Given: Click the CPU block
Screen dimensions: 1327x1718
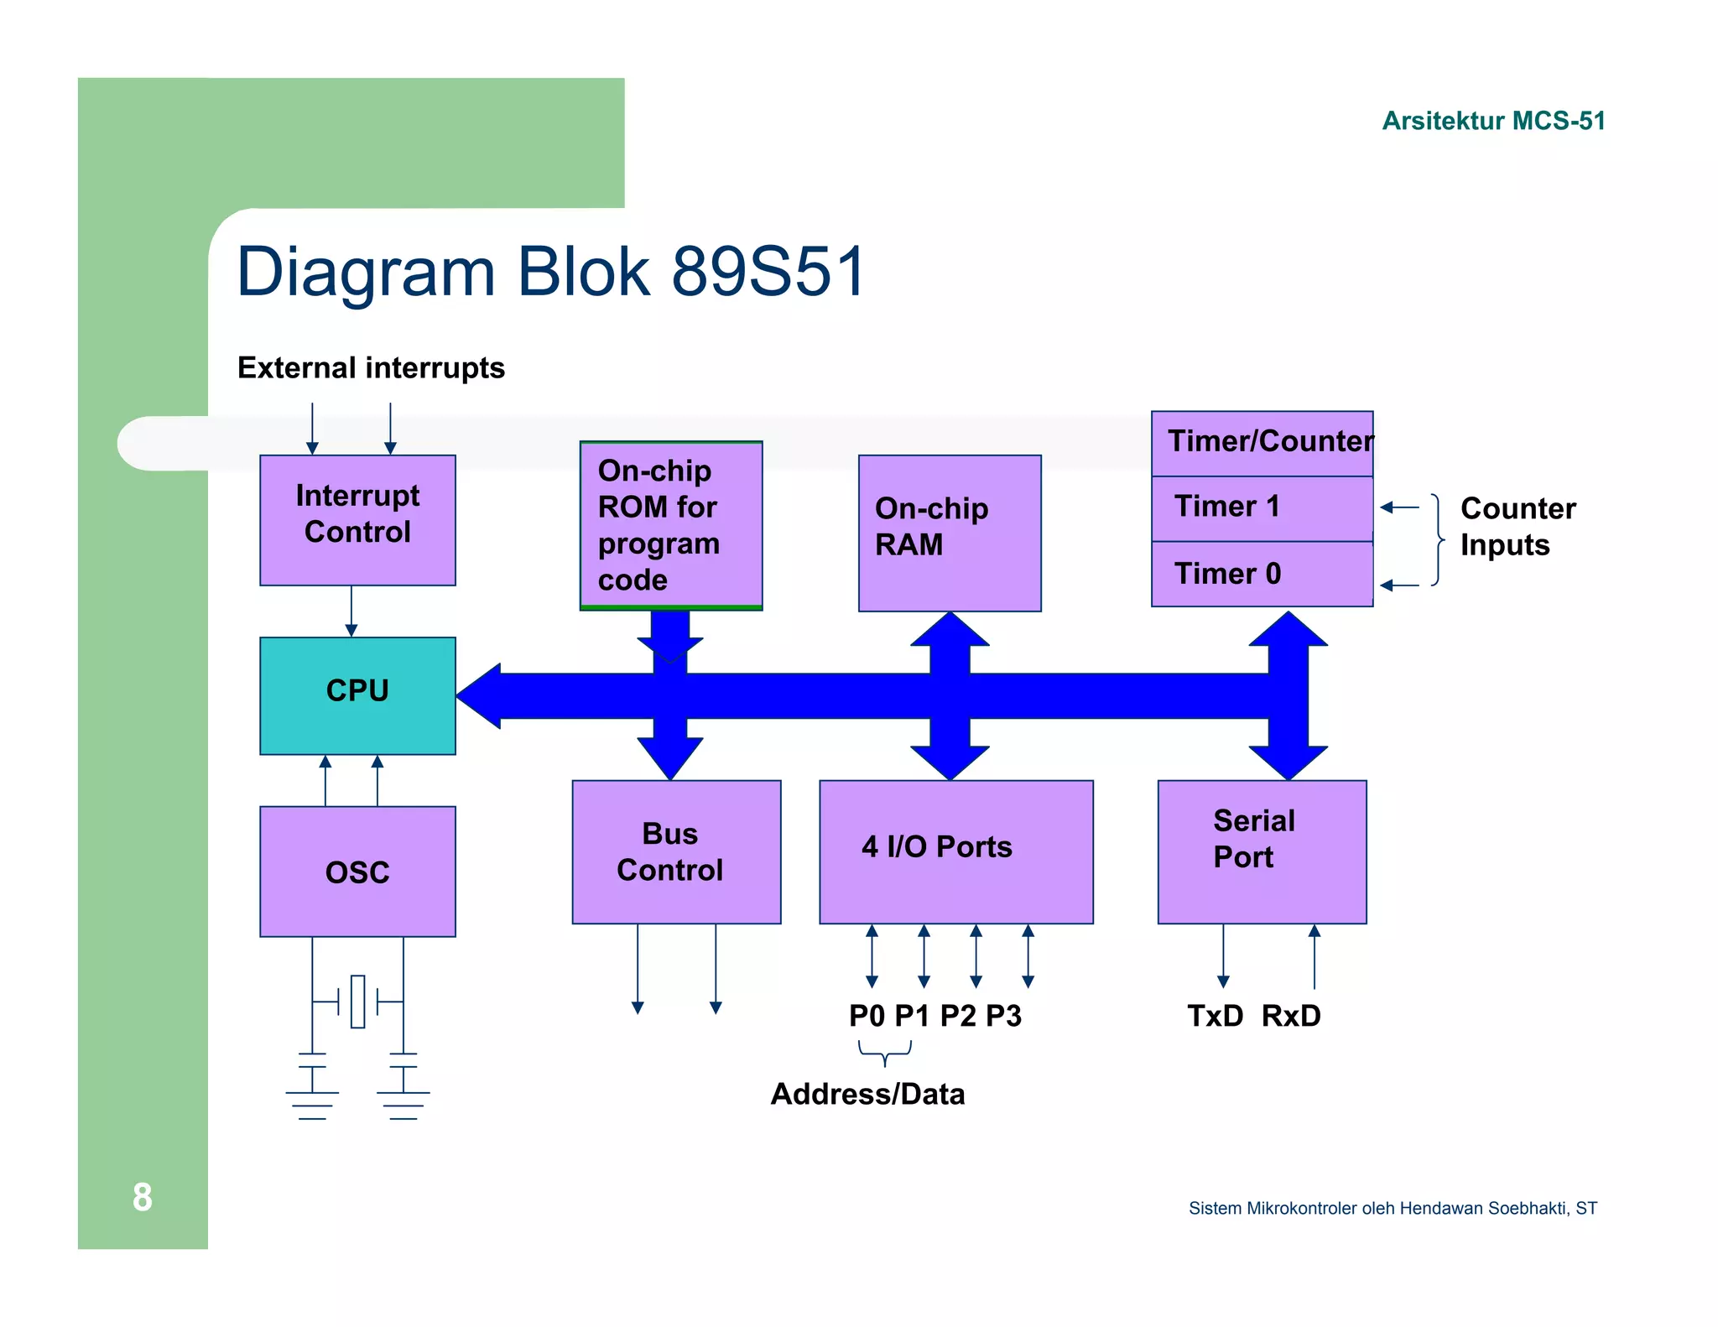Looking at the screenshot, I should (x=357, y=695).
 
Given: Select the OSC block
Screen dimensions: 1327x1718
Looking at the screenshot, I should (x=357, y=872).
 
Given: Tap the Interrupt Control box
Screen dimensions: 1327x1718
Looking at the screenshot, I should (x=357, y=519).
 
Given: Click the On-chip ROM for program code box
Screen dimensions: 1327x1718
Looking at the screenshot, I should (x=670, y=525).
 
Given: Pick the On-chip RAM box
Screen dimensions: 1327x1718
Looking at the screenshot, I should (x=949, y=533).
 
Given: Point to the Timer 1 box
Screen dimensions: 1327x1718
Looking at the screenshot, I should (x=1261, y=508).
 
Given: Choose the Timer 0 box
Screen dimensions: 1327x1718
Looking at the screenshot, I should (x=1261, y=574).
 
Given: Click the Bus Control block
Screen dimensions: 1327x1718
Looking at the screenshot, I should (x=675, y=851).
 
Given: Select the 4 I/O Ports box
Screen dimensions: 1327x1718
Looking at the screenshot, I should (x=955, y=851).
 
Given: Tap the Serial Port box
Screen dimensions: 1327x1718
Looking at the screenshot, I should (x=1261, y=851).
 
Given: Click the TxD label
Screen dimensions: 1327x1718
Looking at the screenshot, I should (x=1215, y=1016).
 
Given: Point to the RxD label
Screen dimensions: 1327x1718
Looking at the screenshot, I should (x=1291, y=1016).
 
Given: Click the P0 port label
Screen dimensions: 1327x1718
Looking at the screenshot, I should (x=867, y=1016).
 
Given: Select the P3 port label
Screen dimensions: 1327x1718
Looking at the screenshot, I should (x=1003, y=1016).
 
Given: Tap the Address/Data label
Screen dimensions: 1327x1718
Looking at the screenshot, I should (x=867, y=1094).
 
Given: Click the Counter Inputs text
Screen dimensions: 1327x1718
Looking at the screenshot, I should (x=1517, y=527).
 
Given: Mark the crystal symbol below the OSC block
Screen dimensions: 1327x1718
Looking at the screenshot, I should (x=357, y=1001).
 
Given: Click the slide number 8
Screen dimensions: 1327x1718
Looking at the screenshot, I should (x=142, y=1197).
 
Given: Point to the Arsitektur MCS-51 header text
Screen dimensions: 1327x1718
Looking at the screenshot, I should (x=1493, y=121).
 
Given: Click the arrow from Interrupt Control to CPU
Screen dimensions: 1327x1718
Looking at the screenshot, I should (x=351, y=611).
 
